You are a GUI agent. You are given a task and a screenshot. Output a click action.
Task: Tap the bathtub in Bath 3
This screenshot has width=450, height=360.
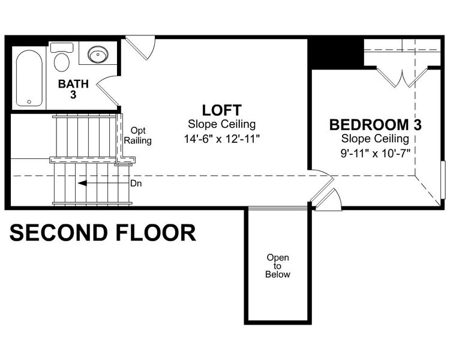[x=29, y=78]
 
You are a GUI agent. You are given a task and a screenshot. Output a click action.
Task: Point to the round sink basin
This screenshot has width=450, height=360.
[x=97, y=55]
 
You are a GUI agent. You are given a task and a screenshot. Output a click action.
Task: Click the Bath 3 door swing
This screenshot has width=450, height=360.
[x=106, y=89]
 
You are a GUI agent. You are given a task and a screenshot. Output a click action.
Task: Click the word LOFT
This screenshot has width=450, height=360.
[x=221, y=110]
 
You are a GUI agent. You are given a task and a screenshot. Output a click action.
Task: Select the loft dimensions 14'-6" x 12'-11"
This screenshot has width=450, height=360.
[x=221, y=138]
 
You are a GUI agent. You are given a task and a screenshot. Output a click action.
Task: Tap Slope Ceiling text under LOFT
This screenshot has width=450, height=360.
[x=221, y=125]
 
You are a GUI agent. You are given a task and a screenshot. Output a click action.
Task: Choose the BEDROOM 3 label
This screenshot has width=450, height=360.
[x=375, y=125]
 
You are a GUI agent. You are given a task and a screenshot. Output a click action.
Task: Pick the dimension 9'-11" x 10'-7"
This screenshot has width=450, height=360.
[x=375, y=152]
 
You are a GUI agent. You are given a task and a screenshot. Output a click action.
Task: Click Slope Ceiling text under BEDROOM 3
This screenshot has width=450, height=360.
[x=375, y=139]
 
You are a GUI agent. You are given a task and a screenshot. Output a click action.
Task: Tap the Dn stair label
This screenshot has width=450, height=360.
[x=136, y=184]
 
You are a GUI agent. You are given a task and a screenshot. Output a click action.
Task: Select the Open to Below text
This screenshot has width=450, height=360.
[x=278, y=266]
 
